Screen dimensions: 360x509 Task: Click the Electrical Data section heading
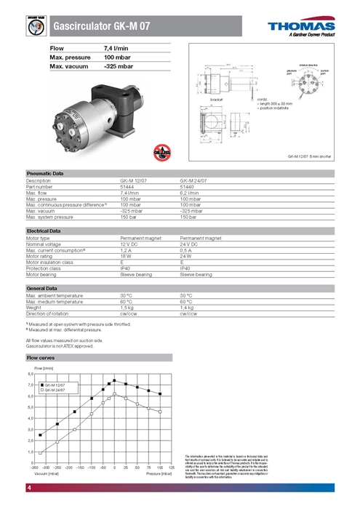tap(44, 231)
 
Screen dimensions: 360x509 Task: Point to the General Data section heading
tap(42, 288)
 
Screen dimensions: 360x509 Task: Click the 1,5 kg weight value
tap(127, 308)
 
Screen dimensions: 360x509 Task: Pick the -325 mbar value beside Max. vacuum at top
tap(119, 66)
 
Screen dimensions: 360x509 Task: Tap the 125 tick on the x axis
tap(172, 468)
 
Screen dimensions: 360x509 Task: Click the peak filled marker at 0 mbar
tap(115, 380)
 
